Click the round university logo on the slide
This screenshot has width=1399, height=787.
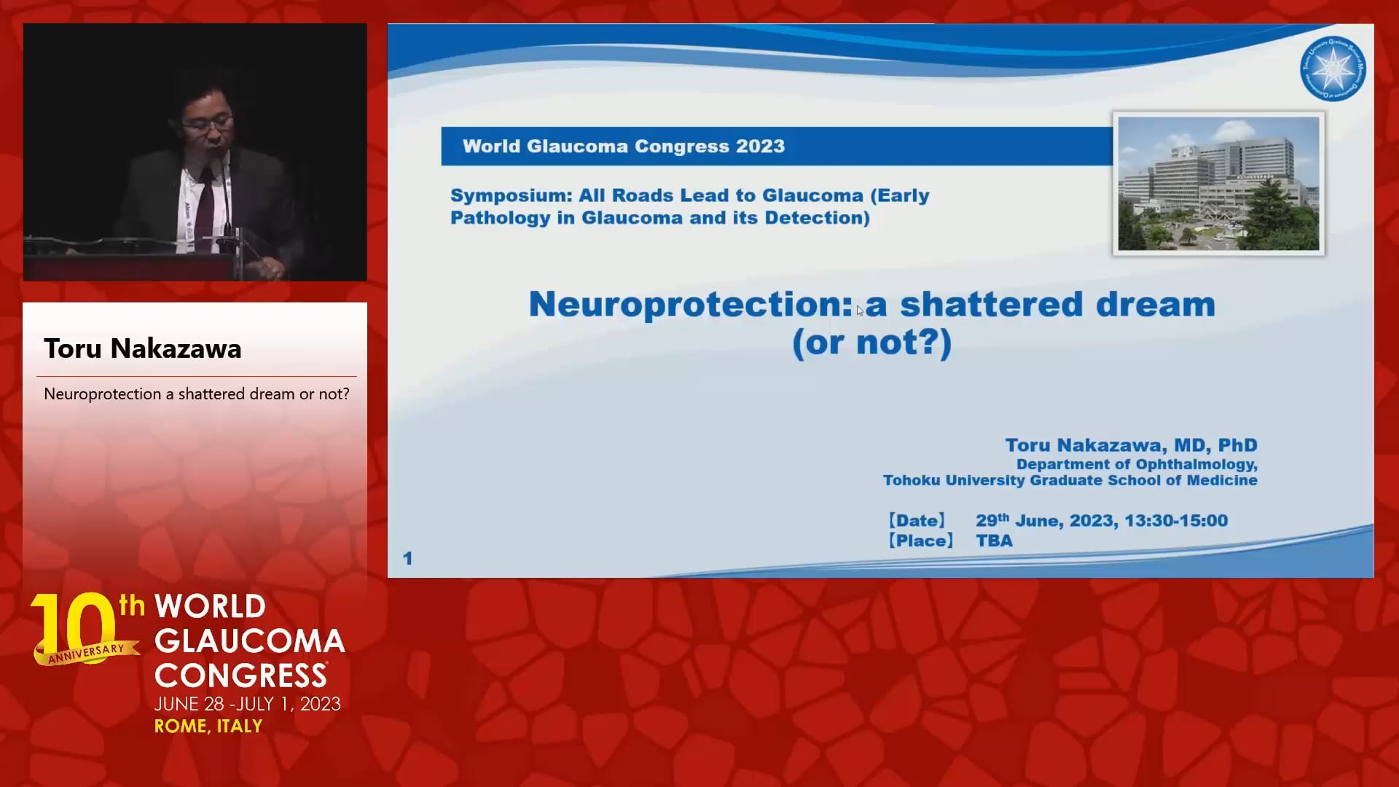click(1333, 70)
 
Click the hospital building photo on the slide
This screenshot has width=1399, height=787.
click(1218, 184)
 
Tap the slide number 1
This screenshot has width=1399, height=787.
click(407, 558)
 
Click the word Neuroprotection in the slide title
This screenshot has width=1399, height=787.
click(689, 305)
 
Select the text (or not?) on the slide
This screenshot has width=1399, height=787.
click(871, 342)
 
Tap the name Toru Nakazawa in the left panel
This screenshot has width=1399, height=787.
click(143, 348)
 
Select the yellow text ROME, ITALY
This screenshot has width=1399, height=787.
click(208, 726)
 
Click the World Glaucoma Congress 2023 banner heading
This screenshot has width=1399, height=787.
click(624, 146)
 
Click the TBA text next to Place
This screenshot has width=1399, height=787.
click(994, 541)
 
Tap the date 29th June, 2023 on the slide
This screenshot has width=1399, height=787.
click(1046, 520)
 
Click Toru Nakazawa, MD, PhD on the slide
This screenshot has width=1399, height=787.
click(1131, 445)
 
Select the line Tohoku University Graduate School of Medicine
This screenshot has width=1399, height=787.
click(1070, 480)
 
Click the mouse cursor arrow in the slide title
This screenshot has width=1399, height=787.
click(860, 310)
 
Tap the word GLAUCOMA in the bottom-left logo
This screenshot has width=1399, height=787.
click(250, 641)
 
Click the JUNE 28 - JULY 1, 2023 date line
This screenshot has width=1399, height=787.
click(248, 704)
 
